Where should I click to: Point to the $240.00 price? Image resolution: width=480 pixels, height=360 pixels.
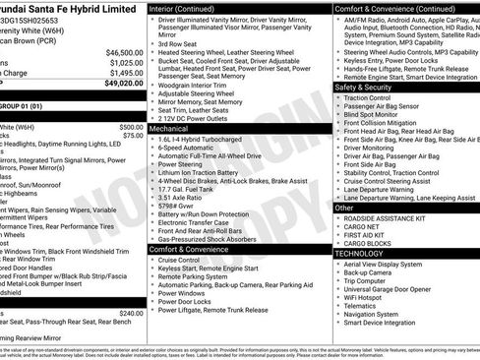click(131, 313)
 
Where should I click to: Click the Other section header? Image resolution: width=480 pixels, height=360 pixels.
click(344, 208)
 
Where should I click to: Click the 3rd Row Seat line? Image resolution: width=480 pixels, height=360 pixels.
click(180, 44)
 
